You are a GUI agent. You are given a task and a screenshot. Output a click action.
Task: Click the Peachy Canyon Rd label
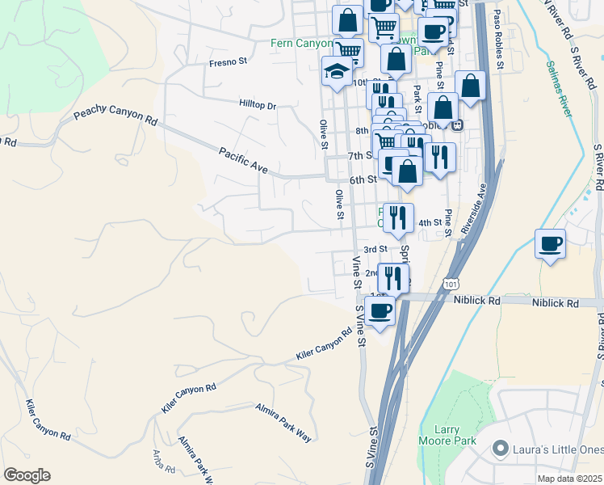click(x=115, y=116)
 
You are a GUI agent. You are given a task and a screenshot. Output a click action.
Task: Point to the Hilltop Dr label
click(x=258, y=105)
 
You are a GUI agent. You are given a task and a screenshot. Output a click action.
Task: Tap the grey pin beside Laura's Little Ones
click(x=501, y=447)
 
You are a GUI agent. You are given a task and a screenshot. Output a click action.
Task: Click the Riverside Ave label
click(x=472, y=209)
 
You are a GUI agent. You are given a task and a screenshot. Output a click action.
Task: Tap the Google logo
click(x=27, y=475)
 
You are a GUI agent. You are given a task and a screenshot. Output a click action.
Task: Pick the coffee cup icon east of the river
click(x=550, y=243)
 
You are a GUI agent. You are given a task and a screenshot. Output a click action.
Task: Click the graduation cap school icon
click(x=337, y=72)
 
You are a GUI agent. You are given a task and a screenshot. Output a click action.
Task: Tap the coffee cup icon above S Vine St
click(x=380, y=309)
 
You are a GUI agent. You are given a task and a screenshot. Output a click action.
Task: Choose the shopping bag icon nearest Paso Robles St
click(x=470, y=86)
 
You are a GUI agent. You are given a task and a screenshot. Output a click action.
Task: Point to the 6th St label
click(x=363, y=179)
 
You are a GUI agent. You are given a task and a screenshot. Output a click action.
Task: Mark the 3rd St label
click(x=375, y=250)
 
